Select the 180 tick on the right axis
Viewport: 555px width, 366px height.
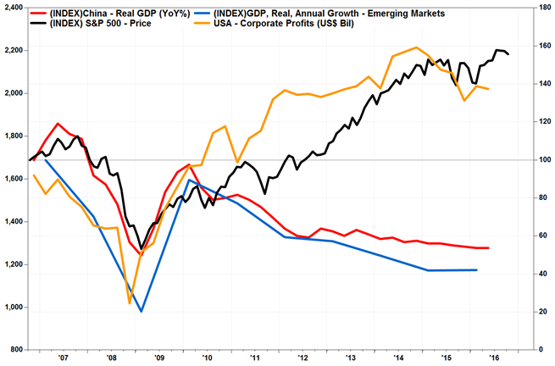click(x=541, y=7)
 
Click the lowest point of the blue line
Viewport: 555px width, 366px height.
click(x=142, y=312)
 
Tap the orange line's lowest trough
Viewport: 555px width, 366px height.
click(x=130, y=302)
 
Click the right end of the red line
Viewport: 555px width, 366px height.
click(x=489, y=248)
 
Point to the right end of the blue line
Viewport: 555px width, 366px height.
click(x=478, y=270)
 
